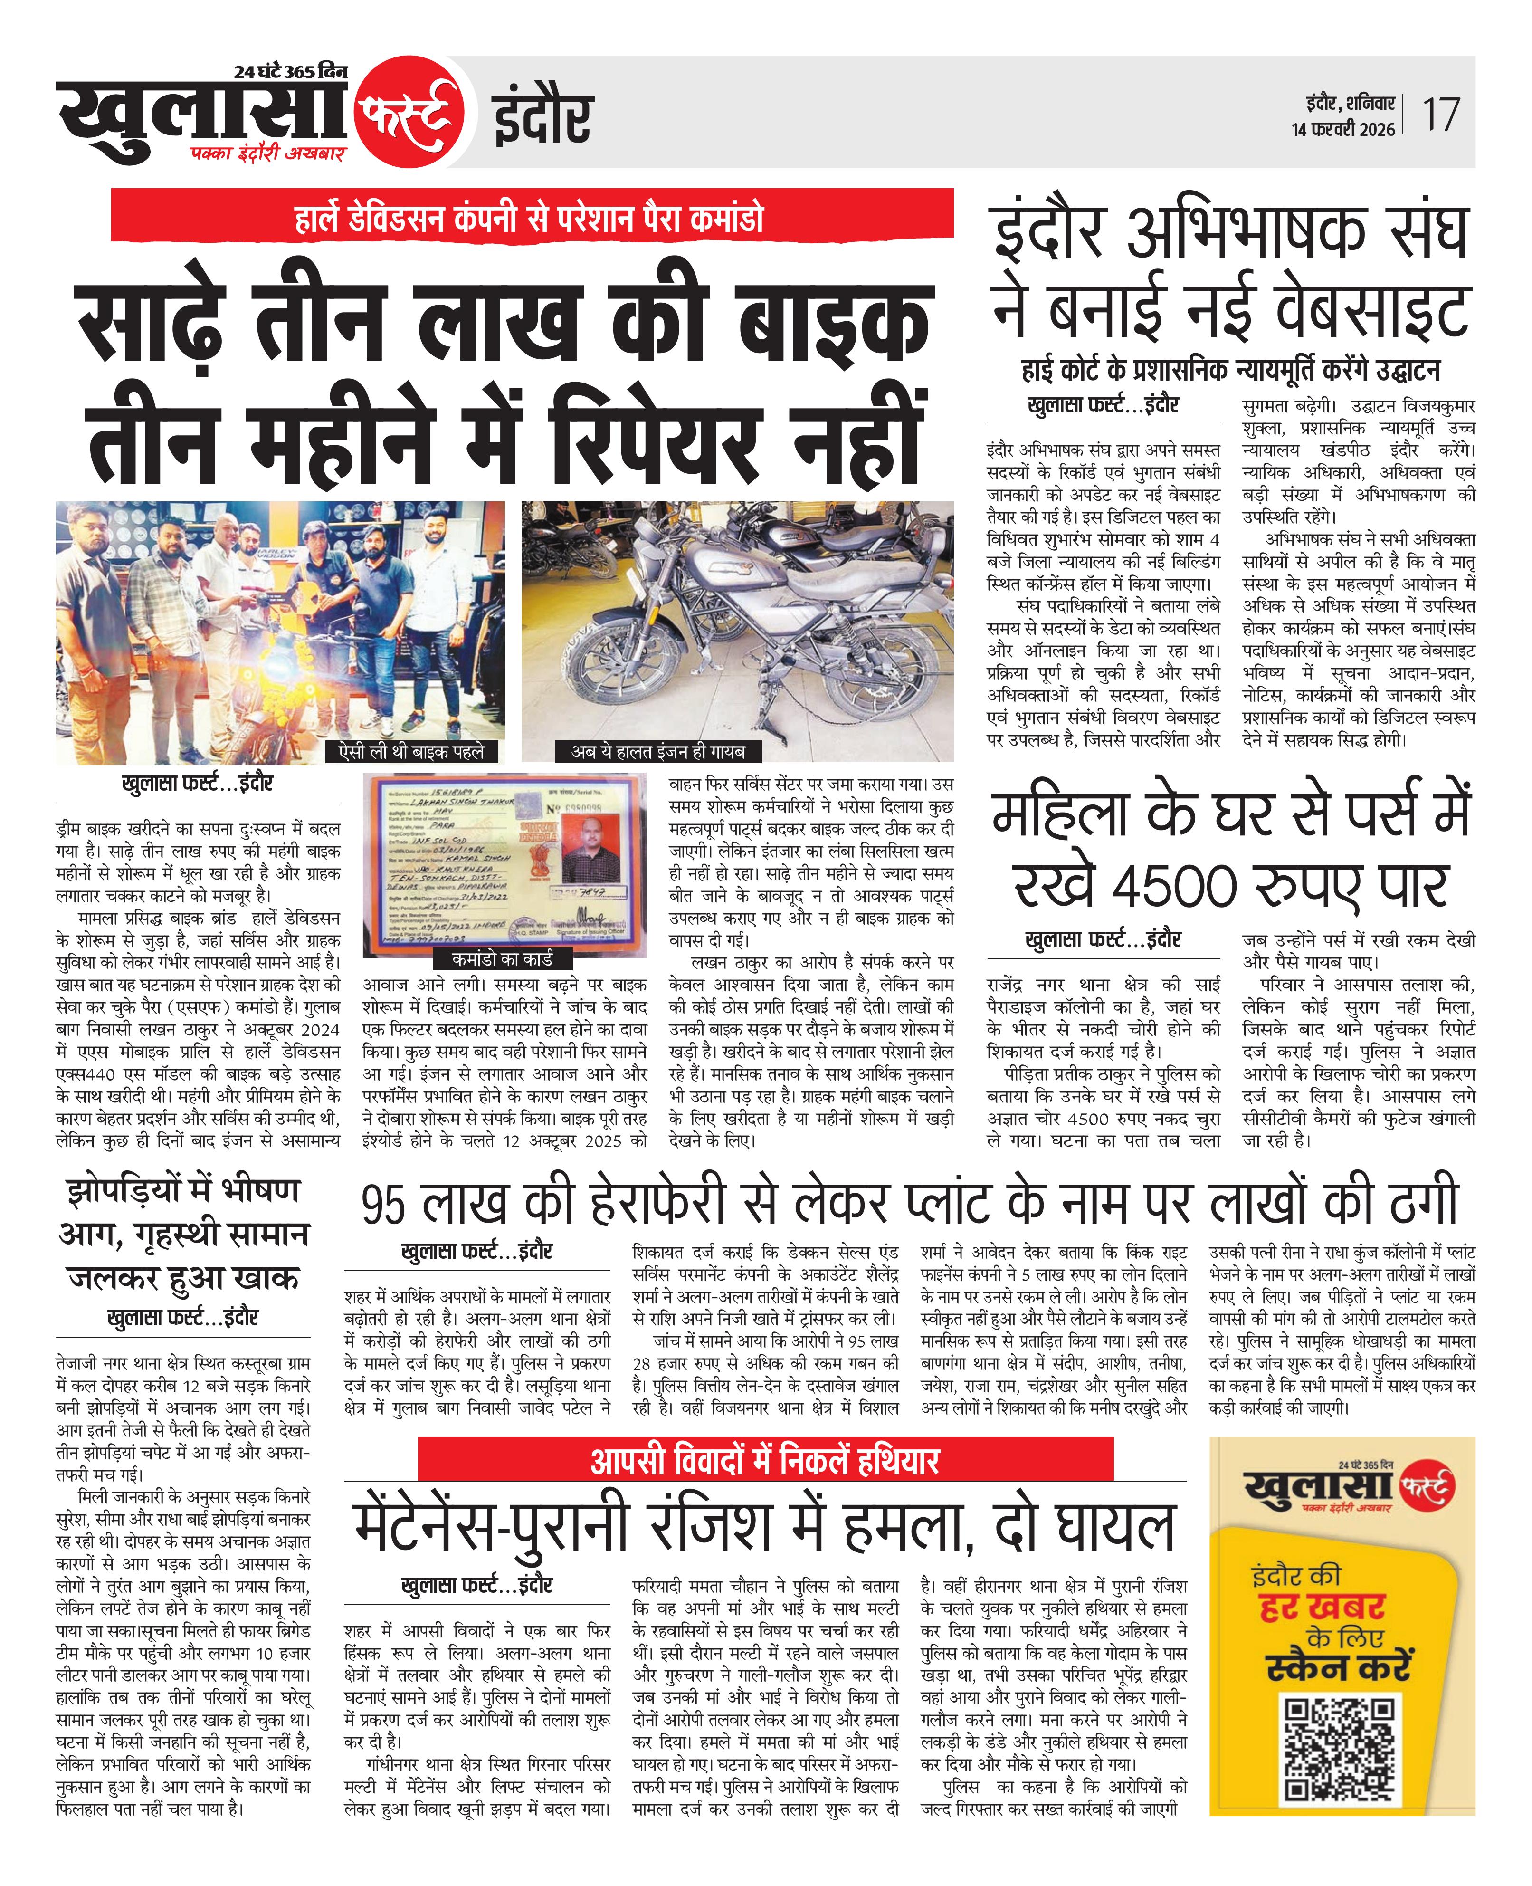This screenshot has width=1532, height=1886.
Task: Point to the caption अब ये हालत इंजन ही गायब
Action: pyautogui.click(x=657, y=751)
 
